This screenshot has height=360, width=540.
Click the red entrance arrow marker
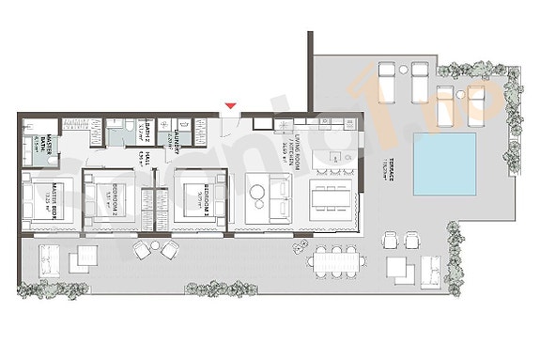coord(228,105)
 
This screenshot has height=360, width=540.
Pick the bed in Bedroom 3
coord(193,198)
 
